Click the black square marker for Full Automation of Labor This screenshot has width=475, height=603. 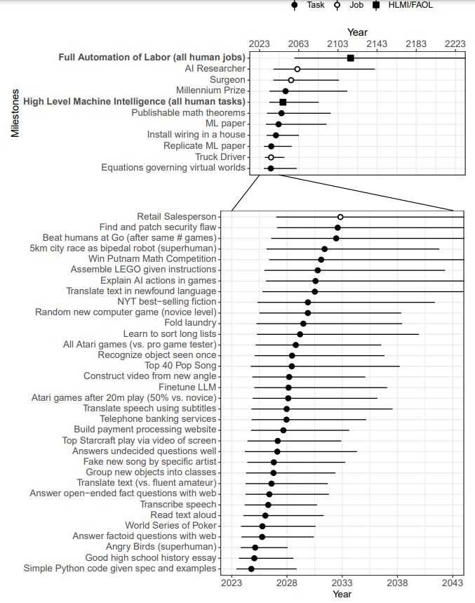pos(351,58)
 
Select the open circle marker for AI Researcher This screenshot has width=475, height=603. pos(297,69)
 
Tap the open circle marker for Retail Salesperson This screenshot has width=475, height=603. pos(340,218)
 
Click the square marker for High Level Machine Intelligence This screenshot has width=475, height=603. pos(283,102)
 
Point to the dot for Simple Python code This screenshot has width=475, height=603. pos(251,569)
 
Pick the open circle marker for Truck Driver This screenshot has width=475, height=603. pos(271,158)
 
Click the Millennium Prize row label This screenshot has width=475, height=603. pos(210,91)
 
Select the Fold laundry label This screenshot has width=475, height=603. pos(190,323)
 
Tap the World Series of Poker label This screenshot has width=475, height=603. pos(170,525)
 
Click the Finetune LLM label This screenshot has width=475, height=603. pos(187,387)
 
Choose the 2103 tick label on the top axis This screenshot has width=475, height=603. pos(337,44)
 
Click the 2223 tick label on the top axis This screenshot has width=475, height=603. pos(455,44)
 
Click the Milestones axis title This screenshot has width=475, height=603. pos(15,113)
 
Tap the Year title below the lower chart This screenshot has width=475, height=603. pos(342,595)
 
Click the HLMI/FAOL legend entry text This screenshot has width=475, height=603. pos(410,5)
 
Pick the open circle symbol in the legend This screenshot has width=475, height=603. pos(337,6)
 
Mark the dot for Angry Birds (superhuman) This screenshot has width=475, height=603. pos(255,548)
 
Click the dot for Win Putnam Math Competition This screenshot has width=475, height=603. pos(321,260)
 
